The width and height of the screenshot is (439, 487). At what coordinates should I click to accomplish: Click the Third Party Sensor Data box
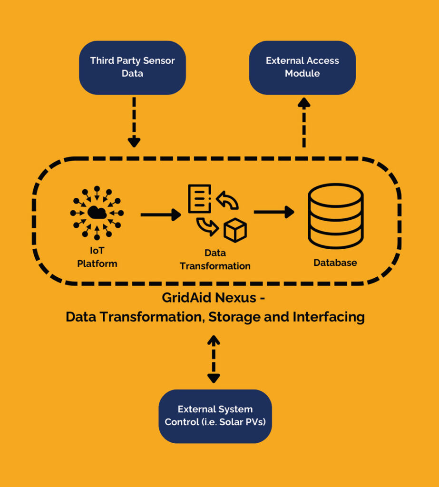tap(132, 68)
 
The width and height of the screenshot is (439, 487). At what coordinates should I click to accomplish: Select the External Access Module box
tap(302, 68)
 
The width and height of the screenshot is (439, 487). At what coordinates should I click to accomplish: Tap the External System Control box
tap(215, 416)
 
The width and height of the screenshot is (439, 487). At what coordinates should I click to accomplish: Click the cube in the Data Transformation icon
tap(235, 230)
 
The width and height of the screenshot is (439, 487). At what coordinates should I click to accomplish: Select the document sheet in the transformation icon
tap(200, 198)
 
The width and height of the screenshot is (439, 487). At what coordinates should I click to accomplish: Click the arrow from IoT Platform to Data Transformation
tap(161, 215)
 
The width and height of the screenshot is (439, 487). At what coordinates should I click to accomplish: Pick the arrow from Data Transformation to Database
tap(274, 212)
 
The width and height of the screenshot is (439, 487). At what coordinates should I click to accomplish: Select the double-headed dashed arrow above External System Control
tap(214, 359)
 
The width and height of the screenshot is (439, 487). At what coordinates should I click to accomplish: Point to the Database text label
tap(335, 263)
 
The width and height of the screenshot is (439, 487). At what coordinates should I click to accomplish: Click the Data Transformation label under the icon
tap(215, 260)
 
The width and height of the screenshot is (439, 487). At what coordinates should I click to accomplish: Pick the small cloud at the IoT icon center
tap(97, 213)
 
